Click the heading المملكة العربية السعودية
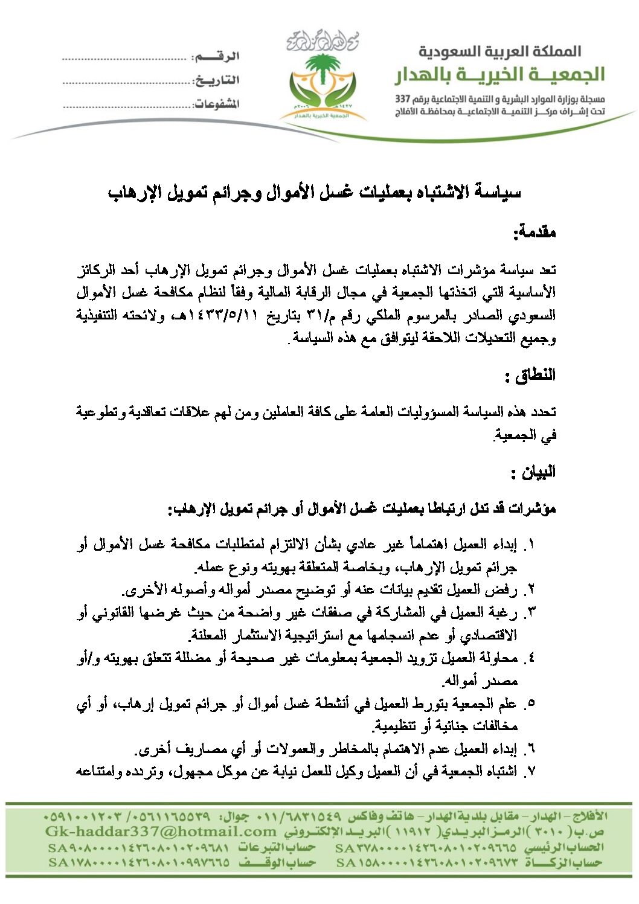[499, 52]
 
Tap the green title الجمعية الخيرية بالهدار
[499, 75]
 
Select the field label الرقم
[215, 56]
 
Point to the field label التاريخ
[216, 80]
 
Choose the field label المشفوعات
[216, 104]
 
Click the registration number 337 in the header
[402, 99]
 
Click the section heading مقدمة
[534, 232]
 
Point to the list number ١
[530, 545]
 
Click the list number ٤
[530, 658]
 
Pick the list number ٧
[530, 771]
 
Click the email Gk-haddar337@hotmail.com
[161, 832]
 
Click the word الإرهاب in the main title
[130, 193]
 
